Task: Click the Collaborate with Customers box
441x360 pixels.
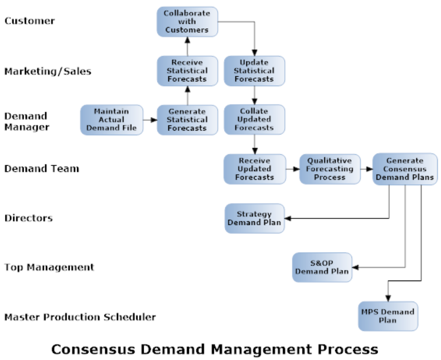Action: [187, 21]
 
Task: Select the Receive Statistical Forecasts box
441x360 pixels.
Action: [187, 71]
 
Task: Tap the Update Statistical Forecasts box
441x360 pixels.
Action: [254, 71]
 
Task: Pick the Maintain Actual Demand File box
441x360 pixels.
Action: [112, 120]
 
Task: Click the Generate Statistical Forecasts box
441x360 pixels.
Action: [187, 120]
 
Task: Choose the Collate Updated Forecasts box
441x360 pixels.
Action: [254, 120]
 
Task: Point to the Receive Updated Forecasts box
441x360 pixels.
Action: [254, 169]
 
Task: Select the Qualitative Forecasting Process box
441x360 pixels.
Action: [330, 169]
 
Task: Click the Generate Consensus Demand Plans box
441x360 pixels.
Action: [405, 169]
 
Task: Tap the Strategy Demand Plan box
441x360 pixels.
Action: [254, 218]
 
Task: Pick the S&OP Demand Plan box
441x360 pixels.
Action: [322, 267]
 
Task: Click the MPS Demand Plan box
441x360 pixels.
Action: [388, 316]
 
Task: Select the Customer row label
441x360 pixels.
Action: [30, 21]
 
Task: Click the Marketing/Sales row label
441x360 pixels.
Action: [48, 71]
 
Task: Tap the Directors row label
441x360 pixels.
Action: [28, 218]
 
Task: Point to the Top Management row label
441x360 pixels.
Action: [49, 267]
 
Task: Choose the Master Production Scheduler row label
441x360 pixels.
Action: [80, 317]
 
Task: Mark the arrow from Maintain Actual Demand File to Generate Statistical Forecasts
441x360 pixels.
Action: [150, 120]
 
